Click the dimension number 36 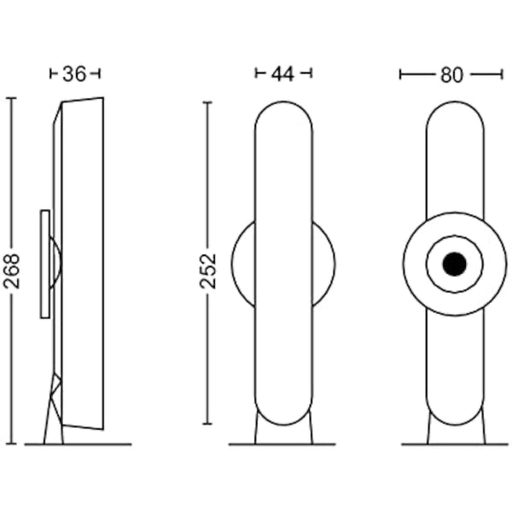(x=74, y=73)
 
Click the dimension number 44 (x=282, y=73)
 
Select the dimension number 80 (x=451, y=75)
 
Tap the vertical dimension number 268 (x=12, y=271)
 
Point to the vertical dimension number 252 (x=208, y=271)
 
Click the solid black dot (x=455, y=264)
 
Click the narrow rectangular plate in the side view (x=45, y=264)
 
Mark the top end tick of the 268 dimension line (x=11, y=98)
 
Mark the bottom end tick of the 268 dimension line (x=11, y=444)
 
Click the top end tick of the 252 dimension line (x=207, y=102)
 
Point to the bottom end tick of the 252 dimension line (x=207, y=424)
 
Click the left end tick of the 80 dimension (x=400, y=75)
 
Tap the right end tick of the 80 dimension (x=502, y=75)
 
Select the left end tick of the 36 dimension (x=50, y=73)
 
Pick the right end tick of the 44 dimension (x=311, y=73)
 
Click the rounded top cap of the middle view (x=283, y=102)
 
